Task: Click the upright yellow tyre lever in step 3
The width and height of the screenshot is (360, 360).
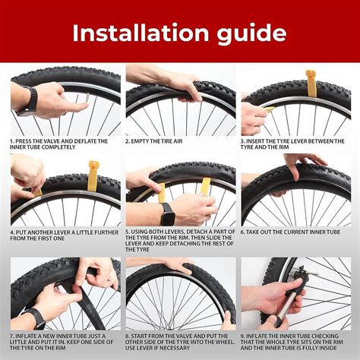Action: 310,83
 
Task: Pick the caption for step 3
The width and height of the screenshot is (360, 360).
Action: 292,144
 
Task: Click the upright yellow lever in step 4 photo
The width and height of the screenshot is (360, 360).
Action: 93,175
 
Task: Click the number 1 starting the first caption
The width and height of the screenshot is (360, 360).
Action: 11,141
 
